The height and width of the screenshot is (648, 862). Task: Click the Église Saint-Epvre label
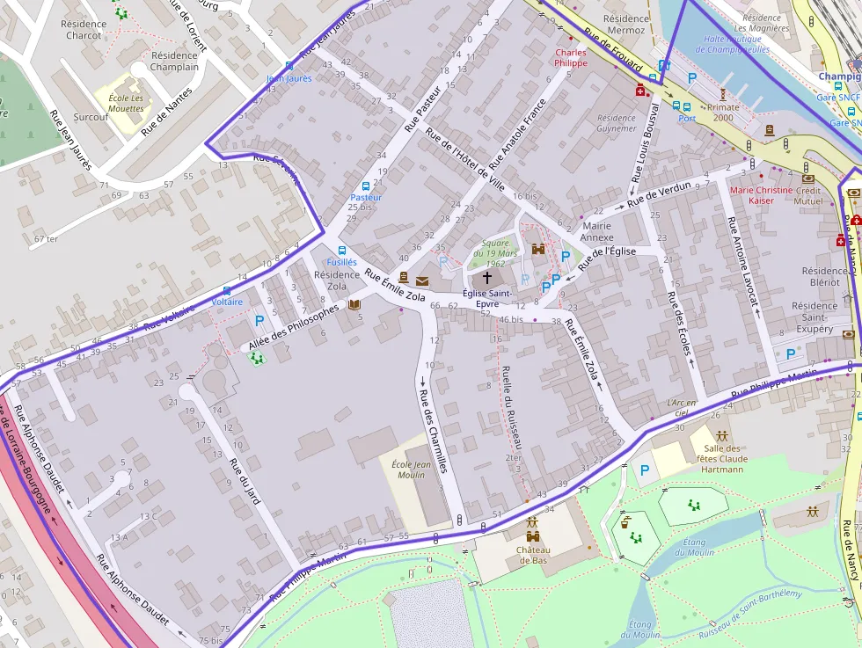487,298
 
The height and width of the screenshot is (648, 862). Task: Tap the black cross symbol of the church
487,277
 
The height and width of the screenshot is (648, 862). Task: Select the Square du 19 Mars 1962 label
496,252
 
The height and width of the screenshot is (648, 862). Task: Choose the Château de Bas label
534,555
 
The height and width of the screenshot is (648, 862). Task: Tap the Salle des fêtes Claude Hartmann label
721,458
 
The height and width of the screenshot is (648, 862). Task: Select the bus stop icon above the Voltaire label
227,289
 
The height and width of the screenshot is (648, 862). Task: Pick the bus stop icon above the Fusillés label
342,250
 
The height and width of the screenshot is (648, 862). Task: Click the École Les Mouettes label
126,103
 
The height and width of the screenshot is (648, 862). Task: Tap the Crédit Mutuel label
807,195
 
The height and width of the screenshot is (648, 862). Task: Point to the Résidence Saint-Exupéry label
814,317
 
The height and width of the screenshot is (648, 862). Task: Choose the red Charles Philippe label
570,58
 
